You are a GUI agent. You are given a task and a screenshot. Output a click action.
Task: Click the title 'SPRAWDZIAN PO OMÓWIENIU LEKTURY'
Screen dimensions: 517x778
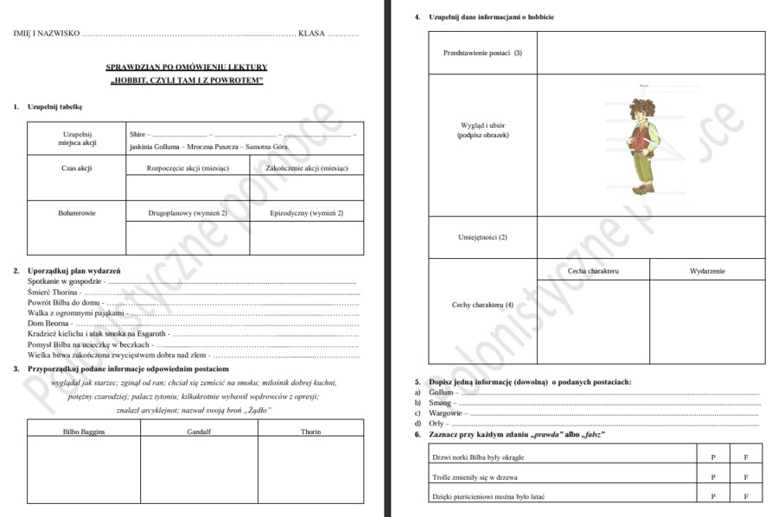187,66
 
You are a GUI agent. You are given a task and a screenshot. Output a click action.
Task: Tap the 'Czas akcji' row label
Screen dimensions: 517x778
77,168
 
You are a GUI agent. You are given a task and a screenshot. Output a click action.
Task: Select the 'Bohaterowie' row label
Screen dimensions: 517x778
77,212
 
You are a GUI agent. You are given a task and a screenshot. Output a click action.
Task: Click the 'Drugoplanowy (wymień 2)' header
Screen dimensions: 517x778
188,212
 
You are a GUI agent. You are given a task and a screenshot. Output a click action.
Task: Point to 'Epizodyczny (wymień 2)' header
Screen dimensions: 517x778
306,212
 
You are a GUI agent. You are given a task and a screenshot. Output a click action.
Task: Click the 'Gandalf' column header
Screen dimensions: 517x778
199,431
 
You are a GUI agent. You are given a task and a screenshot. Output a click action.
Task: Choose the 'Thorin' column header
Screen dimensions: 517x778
310,431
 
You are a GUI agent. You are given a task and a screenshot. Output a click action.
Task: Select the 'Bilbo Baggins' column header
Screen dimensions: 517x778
84,431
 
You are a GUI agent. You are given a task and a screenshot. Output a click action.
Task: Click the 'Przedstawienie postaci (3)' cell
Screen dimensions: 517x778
482,53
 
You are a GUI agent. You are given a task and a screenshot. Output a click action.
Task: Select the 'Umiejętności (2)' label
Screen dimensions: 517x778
482,236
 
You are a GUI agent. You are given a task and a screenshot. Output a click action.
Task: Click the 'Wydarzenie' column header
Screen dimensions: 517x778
707,271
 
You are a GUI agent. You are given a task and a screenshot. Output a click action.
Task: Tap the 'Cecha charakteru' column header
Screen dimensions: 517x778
593,271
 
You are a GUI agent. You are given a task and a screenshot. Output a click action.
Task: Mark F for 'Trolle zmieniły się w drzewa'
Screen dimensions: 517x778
745,476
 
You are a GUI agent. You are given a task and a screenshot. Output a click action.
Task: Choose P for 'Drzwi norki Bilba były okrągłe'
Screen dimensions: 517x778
713,457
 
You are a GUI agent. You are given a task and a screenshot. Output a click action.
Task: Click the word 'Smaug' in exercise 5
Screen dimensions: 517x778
441,402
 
